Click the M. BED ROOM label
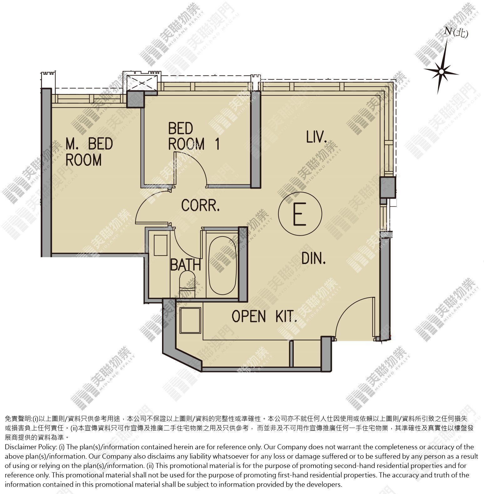(89, 152)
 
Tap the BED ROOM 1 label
(194, 136)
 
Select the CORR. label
(201, 206)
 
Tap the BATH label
(186, 265)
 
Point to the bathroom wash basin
(161, 245)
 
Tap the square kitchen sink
(190, 320)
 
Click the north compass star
(441, 72)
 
